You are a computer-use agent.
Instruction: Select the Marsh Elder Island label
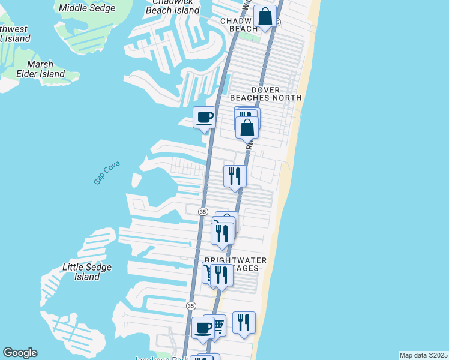coord(44,69)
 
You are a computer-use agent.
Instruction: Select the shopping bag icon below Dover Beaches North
coord(247,127)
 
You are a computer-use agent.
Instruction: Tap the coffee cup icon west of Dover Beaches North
coord(204,116)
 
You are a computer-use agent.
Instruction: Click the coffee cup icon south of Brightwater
coord(203,328)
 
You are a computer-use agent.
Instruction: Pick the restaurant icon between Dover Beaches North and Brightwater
coord(235,176)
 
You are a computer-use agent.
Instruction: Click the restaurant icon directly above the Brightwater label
coord(223,233)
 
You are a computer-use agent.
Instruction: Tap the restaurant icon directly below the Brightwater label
coord(221,275)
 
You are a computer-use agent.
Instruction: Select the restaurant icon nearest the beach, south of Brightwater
coord(244,322)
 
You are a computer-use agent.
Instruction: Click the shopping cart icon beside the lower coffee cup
coord(217,325)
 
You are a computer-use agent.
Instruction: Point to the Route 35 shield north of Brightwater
coord(203,212)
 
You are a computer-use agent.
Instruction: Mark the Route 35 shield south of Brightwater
coord(191,305)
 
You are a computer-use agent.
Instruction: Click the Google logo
coord(20,353)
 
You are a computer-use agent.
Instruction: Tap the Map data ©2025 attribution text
coord(424,355)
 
